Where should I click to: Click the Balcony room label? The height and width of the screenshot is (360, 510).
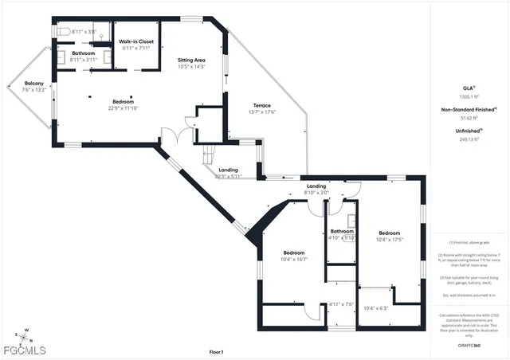pyautogui.click(x=33, y=84)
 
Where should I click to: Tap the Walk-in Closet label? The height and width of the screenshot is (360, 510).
pyautogui.click(x=136, y=41)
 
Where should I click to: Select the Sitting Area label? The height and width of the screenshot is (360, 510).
pyautogui.click(x=190, y=60)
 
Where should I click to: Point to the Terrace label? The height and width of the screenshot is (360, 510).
pyautogui.click(x=262, y=105)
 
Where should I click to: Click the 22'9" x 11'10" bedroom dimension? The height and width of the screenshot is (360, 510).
pyautogui.click(x=123, y=109)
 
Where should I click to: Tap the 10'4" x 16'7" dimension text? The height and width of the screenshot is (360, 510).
pyautogui.click(x=294, y=259)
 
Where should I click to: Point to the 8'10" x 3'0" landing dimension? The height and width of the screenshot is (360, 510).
pyautogui.click(x=316, y=193)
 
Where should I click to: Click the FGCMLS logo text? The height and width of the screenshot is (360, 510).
pyautogui.click(x=24, y=350)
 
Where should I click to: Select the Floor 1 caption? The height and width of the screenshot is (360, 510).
pyautogui.click(x=216, y=351)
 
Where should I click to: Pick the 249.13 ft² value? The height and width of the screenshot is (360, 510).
pyautogui.click(x=469, y=139)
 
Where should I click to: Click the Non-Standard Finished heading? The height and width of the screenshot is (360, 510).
pyautogui.click(x=467, y=110)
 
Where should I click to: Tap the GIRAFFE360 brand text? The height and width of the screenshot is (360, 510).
pyautogui.click(x=469, y=345)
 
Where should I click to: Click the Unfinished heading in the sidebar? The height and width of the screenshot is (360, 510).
pyautogui.click(x=468, y=131)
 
